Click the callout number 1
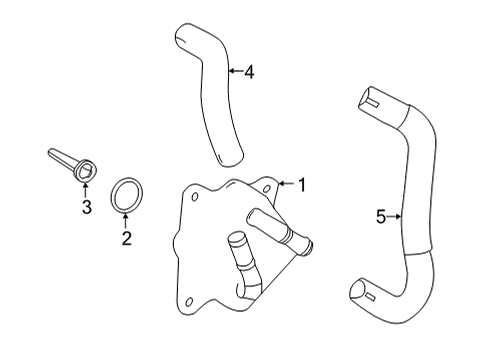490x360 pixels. click(x=302, y=185)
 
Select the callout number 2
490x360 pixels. click(x=127, y=238)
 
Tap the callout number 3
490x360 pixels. click(x=87, y=207)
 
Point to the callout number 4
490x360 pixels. click(x=249, y=72)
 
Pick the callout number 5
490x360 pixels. click(x=381, y=217)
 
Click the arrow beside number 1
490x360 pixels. click(x=286, y=183)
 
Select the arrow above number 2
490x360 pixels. click(x=126, y=221)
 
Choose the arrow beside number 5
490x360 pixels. click(x=394, y=217)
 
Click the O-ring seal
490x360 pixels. click(x=127, y=195)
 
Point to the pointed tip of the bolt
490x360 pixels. click(x=50, y=152)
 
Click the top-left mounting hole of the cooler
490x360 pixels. click(x=195, y=197)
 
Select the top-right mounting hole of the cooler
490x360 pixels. click(x=267, y=189)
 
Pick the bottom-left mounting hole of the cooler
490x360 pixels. click(x=189, y=302)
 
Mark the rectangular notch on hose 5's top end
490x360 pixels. click(x=373, y=104)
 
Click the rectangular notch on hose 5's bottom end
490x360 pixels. click(x=370, y=295)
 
